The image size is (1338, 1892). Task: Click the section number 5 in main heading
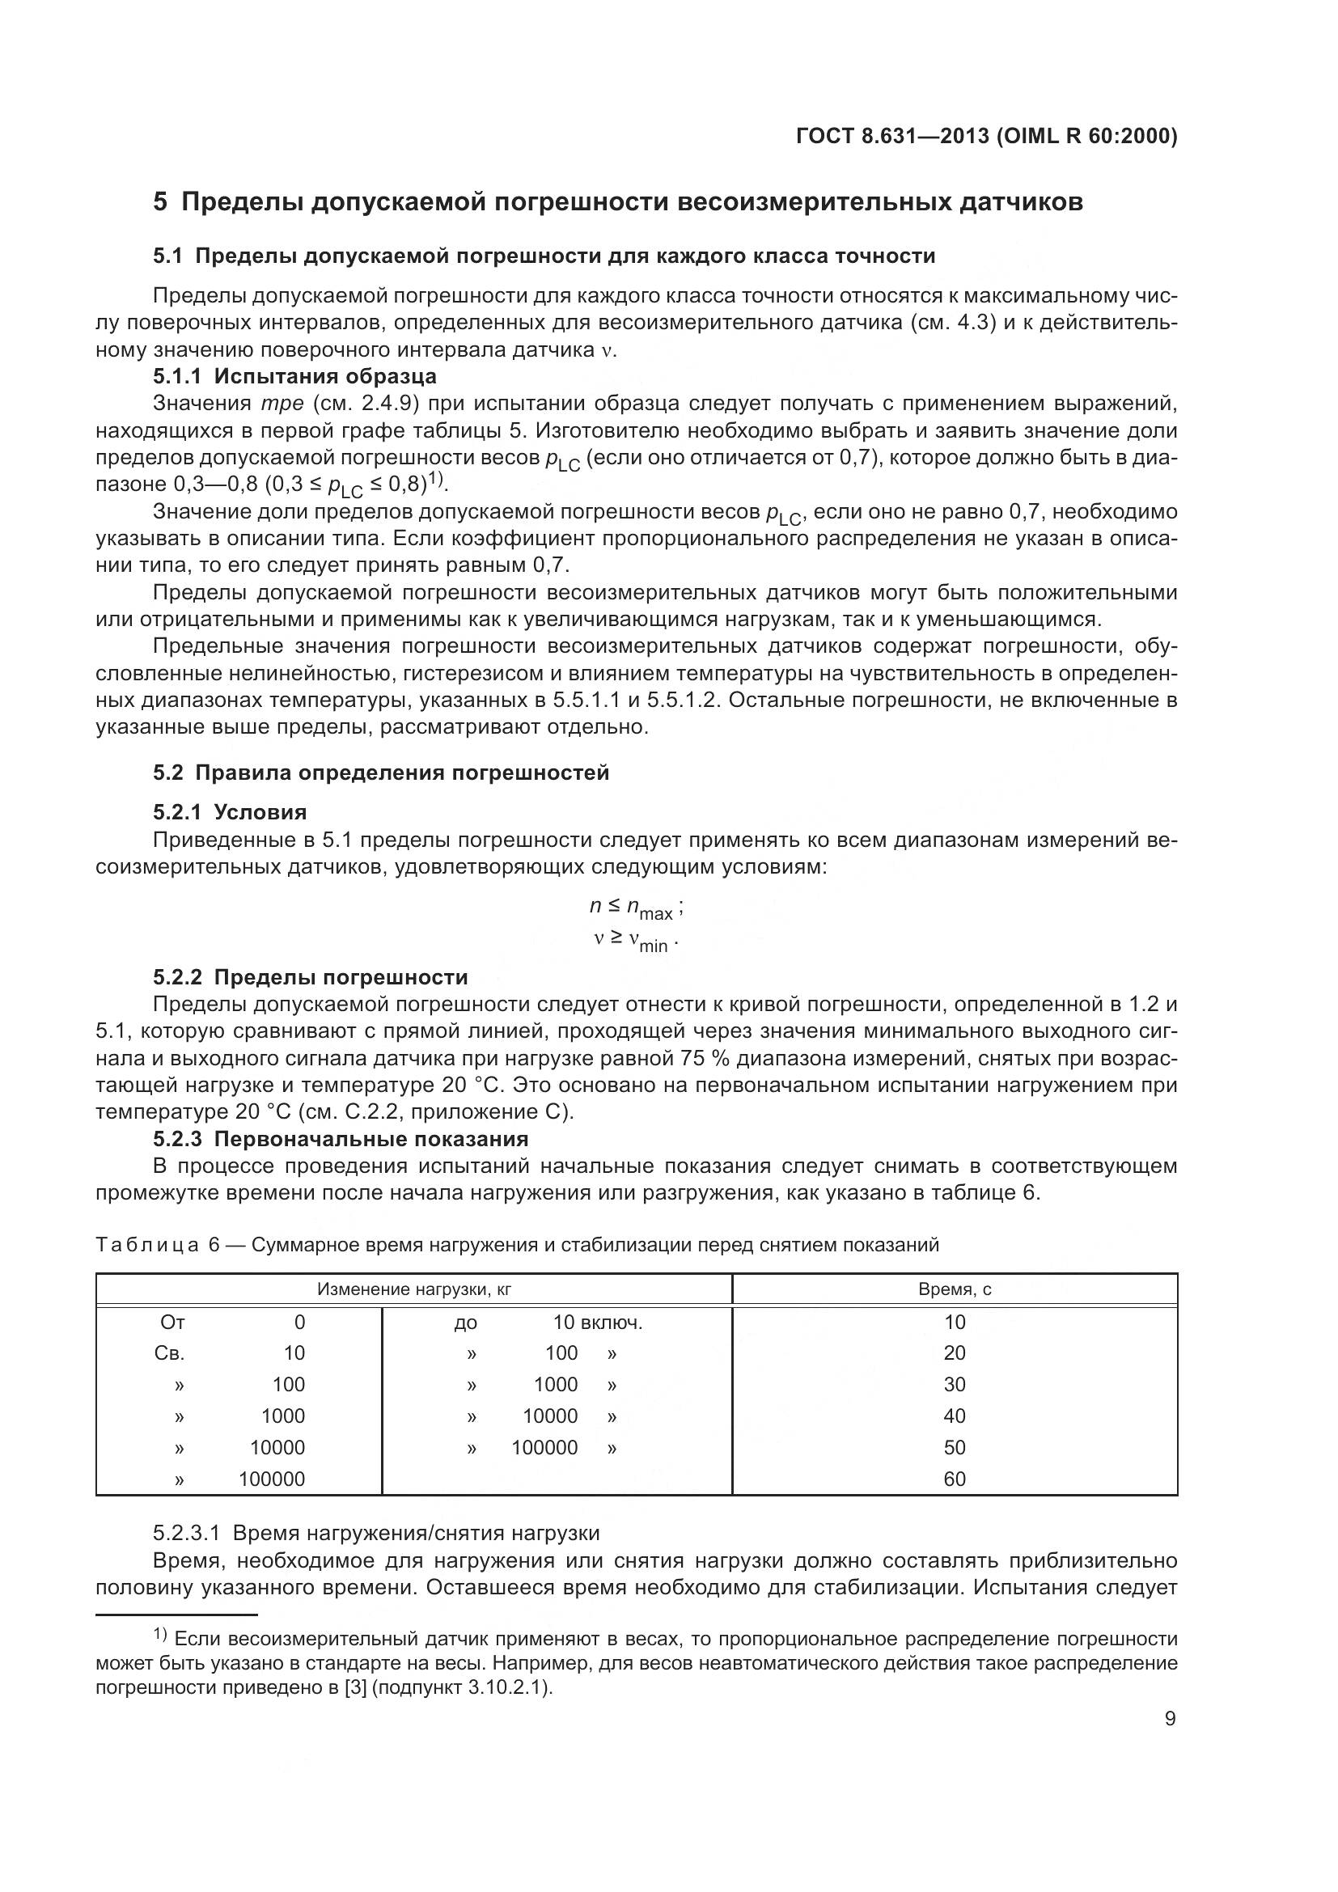[x=160, y=202]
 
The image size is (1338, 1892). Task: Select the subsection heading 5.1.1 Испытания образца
[x=294, y=377]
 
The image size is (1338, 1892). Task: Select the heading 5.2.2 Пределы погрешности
[x=310, y=977]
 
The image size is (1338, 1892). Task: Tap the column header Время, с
[x=954, y=1289]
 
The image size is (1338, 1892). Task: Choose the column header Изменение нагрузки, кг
[x=413, y=1289]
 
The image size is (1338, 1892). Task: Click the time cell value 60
[x=954, y=1479]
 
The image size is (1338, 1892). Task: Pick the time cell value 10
[x=954, y=1323]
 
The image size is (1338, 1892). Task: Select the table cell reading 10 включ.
[x=597, y=1323]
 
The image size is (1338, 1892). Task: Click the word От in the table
[x=172, y=1323]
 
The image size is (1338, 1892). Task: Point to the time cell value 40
[x=954, y=1416]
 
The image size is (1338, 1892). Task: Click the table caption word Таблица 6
[x=157, y=1245]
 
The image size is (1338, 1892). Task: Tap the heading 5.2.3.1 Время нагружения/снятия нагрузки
[x=375, y=1533]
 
